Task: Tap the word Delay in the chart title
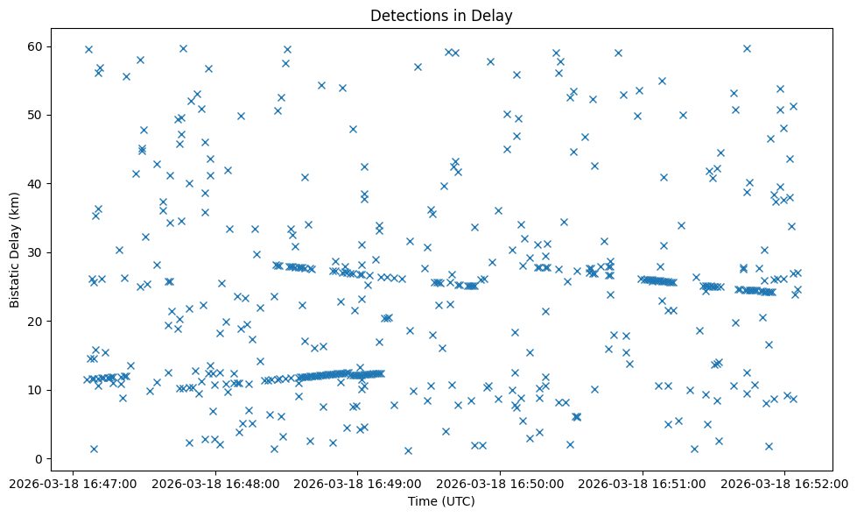pos(495,16)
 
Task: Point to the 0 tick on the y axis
pos(39,458)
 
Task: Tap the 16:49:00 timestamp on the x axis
pos(357,483)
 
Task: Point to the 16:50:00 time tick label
pos(500,483)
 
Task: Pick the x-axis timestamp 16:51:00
pos(643,483)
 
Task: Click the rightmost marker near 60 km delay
pos(747,48)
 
